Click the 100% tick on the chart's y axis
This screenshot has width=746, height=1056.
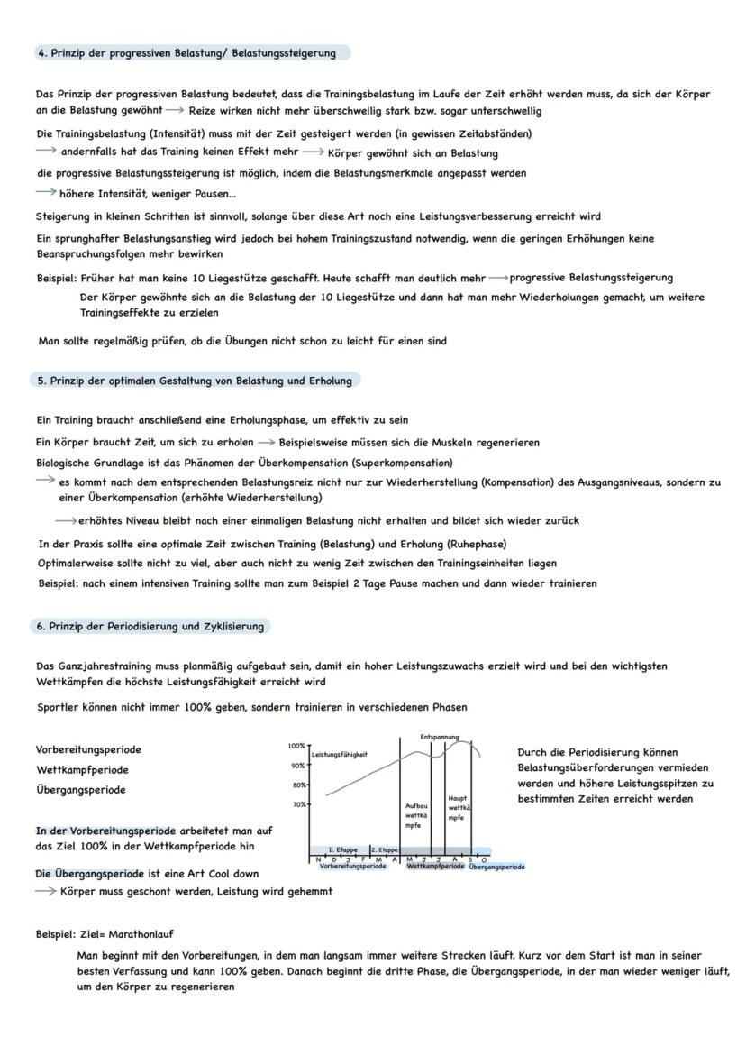(x=296, y=746)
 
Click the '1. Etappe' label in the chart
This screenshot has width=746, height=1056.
(x=342, y=849)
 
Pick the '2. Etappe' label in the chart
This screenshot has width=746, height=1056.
(x=385, y=849)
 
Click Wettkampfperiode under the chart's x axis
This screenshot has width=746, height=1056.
(x=435, y=867)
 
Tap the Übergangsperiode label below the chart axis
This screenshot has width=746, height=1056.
(x=496, y=867)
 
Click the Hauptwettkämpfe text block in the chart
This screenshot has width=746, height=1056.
(x=457, y=808)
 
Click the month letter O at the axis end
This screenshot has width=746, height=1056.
(x=484, y=859)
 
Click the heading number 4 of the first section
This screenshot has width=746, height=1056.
(x=41, y=53)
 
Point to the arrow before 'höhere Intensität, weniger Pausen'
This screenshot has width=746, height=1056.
(x=45, y=191)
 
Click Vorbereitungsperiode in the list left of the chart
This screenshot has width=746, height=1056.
(x=88, y=749)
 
